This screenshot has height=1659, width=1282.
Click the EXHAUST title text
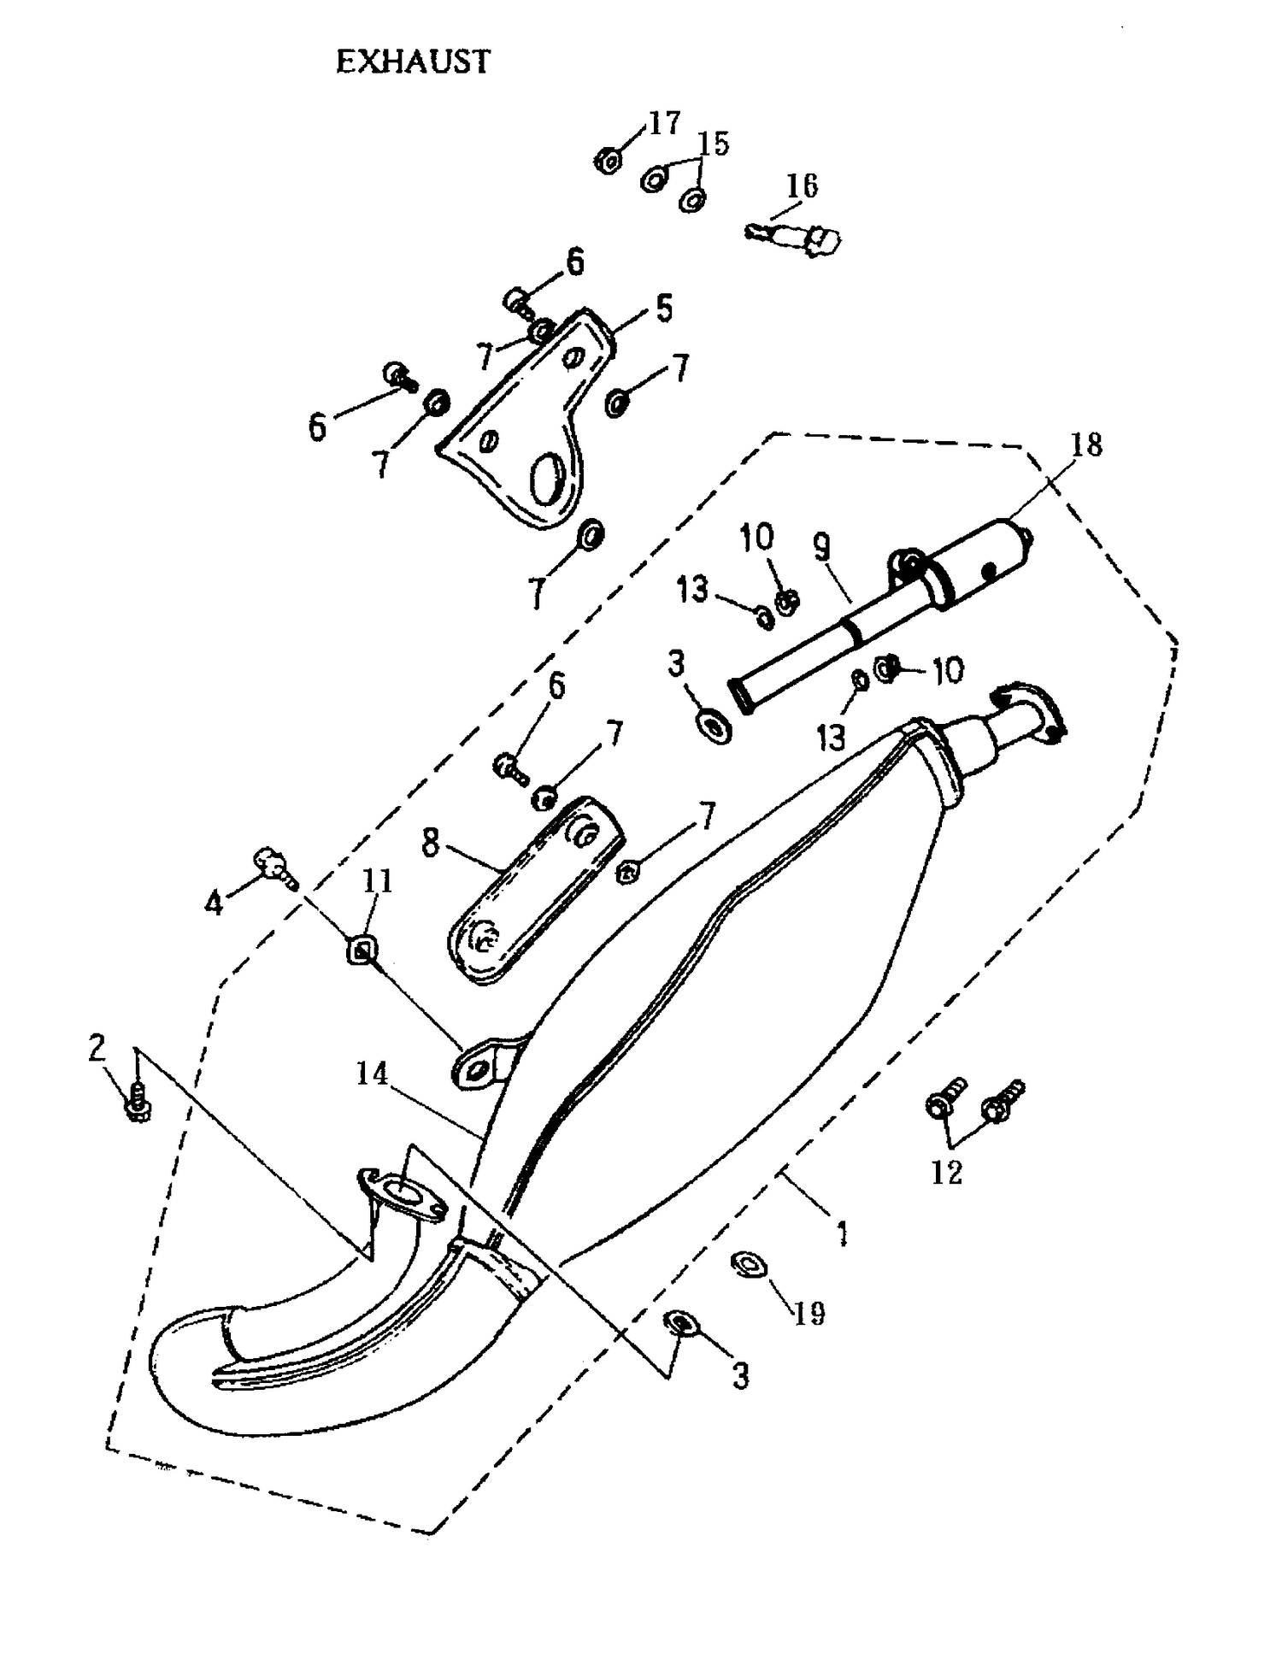[413, 62]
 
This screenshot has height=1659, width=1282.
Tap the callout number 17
[663, 123]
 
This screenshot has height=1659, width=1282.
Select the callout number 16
[802, 185]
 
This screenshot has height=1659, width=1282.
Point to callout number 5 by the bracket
[664, 308]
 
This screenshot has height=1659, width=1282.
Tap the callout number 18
[1086, 444]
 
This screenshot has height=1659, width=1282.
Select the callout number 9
[822, 547]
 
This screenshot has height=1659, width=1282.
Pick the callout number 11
[377, 880]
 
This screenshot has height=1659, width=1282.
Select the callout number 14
[372, 1074]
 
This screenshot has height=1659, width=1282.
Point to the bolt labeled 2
[138, 1103]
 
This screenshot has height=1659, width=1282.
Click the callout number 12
[946, 1173]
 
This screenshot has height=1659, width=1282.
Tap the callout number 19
[809, 1312]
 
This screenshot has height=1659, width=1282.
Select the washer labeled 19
[750, 1263]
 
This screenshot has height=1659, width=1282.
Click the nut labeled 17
[608, 160]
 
